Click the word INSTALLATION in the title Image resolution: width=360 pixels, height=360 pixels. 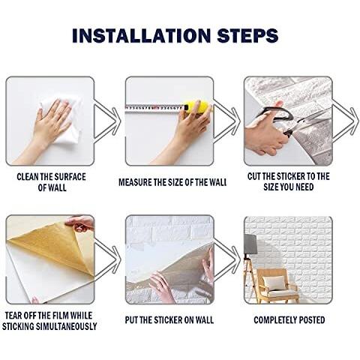[141, 35]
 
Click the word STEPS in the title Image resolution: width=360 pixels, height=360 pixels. [247, 35]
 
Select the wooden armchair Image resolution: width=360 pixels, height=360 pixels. [277, 286]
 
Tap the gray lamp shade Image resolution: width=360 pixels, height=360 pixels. [250, 244]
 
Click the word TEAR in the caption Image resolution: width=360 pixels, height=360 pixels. [13, 315]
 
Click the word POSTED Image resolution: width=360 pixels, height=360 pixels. [312, 320]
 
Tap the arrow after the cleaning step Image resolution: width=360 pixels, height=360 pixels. [106, 121]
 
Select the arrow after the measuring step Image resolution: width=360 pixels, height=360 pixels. [226, 121]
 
